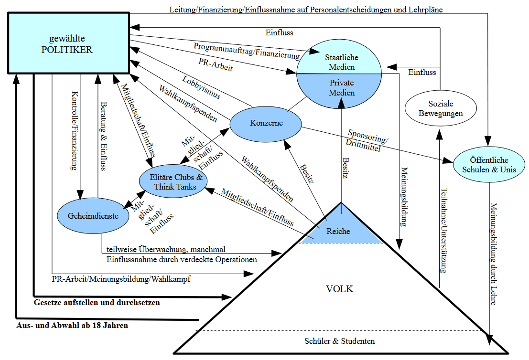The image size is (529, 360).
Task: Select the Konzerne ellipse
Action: (266, 123)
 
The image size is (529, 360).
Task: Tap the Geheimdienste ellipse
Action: (94, 215)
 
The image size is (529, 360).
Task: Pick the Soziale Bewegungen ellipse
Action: (441, 108)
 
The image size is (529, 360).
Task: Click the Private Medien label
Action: (342, 87)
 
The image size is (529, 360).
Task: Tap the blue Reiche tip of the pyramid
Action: (338, 231)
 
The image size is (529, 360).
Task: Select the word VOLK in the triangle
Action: (339, 289)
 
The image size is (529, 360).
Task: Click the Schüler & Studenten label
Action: (339, 341)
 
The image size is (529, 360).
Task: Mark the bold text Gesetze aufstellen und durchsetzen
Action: (97, 302)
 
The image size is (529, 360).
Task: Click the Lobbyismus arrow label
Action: (201, 87)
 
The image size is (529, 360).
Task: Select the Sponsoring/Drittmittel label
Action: (367, 140)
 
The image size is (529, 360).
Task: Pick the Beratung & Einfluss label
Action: (103, 136)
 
